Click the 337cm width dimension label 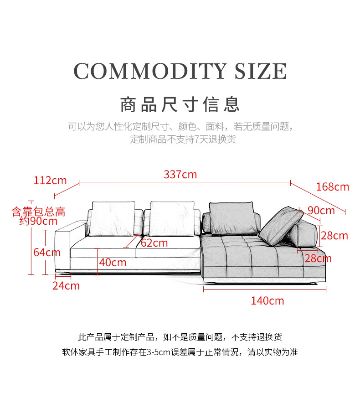click(x=180, y=175)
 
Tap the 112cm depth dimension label click(x=50, y=181)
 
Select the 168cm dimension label click(x=332, y=187)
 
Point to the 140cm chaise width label click(x=267, y=301)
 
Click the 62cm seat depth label click(x=154, y=243)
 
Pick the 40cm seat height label click(x=113, y=263)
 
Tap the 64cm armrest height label click(x=47, y=252)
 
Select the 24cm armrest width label click(x=66, y=286)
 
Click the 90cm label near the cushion click(x=321, y=211)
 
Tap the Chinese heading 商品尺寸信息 click(x=180, y=104)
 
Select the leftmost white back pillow click(x=113, y=218)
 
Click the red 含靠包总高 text click(x=38, y=212)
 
